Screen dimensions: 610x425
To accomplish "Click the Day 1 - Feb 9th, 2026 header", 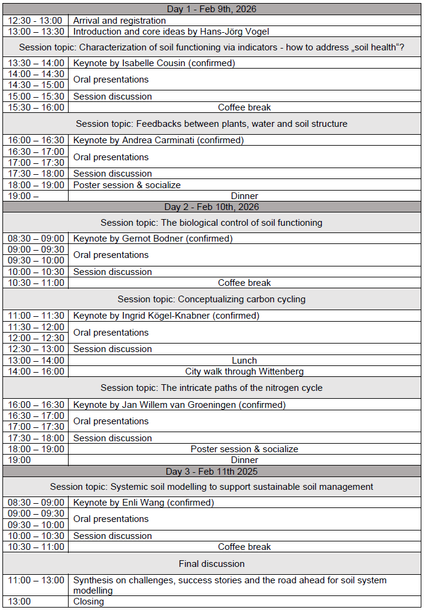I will click(x=212, y=9).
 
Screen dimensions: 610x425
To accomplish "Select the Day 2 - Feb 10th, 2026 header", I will click(x=212, y=207).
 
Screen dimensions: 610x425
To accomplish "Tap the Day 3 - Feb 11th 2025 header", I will click(x=212, y=471).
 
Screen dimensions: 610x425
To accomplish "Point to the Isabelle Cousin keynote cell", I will click(x=154, y=63).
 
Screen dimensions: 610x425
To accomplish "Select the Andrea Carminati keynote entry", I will click(x=158, y=140).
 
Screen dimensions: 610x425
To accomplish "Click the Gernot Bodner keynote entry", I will click(x=153, y=239).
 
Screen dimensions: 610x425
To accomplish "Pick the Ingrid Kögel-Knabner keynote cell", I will click(x=166, y=316).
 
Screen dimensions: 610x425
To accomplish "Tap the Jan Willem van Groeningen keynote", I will click(x=180, y=405).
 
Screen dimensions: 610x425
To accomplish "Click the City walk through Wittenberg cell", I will click(x=244, y=371).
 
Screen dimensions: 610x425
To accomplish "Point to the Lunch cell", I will click(x=244, y=361).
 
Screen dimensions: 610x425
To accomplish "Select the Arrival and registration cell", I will click(x=120, y=21).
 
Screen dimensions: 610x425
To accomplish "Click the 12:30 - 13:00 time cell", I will click(x=35, y=21).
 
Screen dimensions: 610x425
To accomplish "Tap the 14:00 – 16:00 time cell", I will click(x=36, y=371).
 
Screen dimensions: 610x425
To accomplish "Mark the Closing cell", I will click(x=89, y=602).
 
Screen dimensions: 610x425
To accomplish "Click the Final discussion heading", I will click(x=212, y=564).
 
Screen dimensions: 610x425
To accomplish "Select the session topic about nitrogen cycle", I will click(x=212, y=388).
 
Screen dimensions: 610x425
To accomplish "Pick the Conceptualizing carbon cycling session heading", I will click(x=212, y=299).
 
